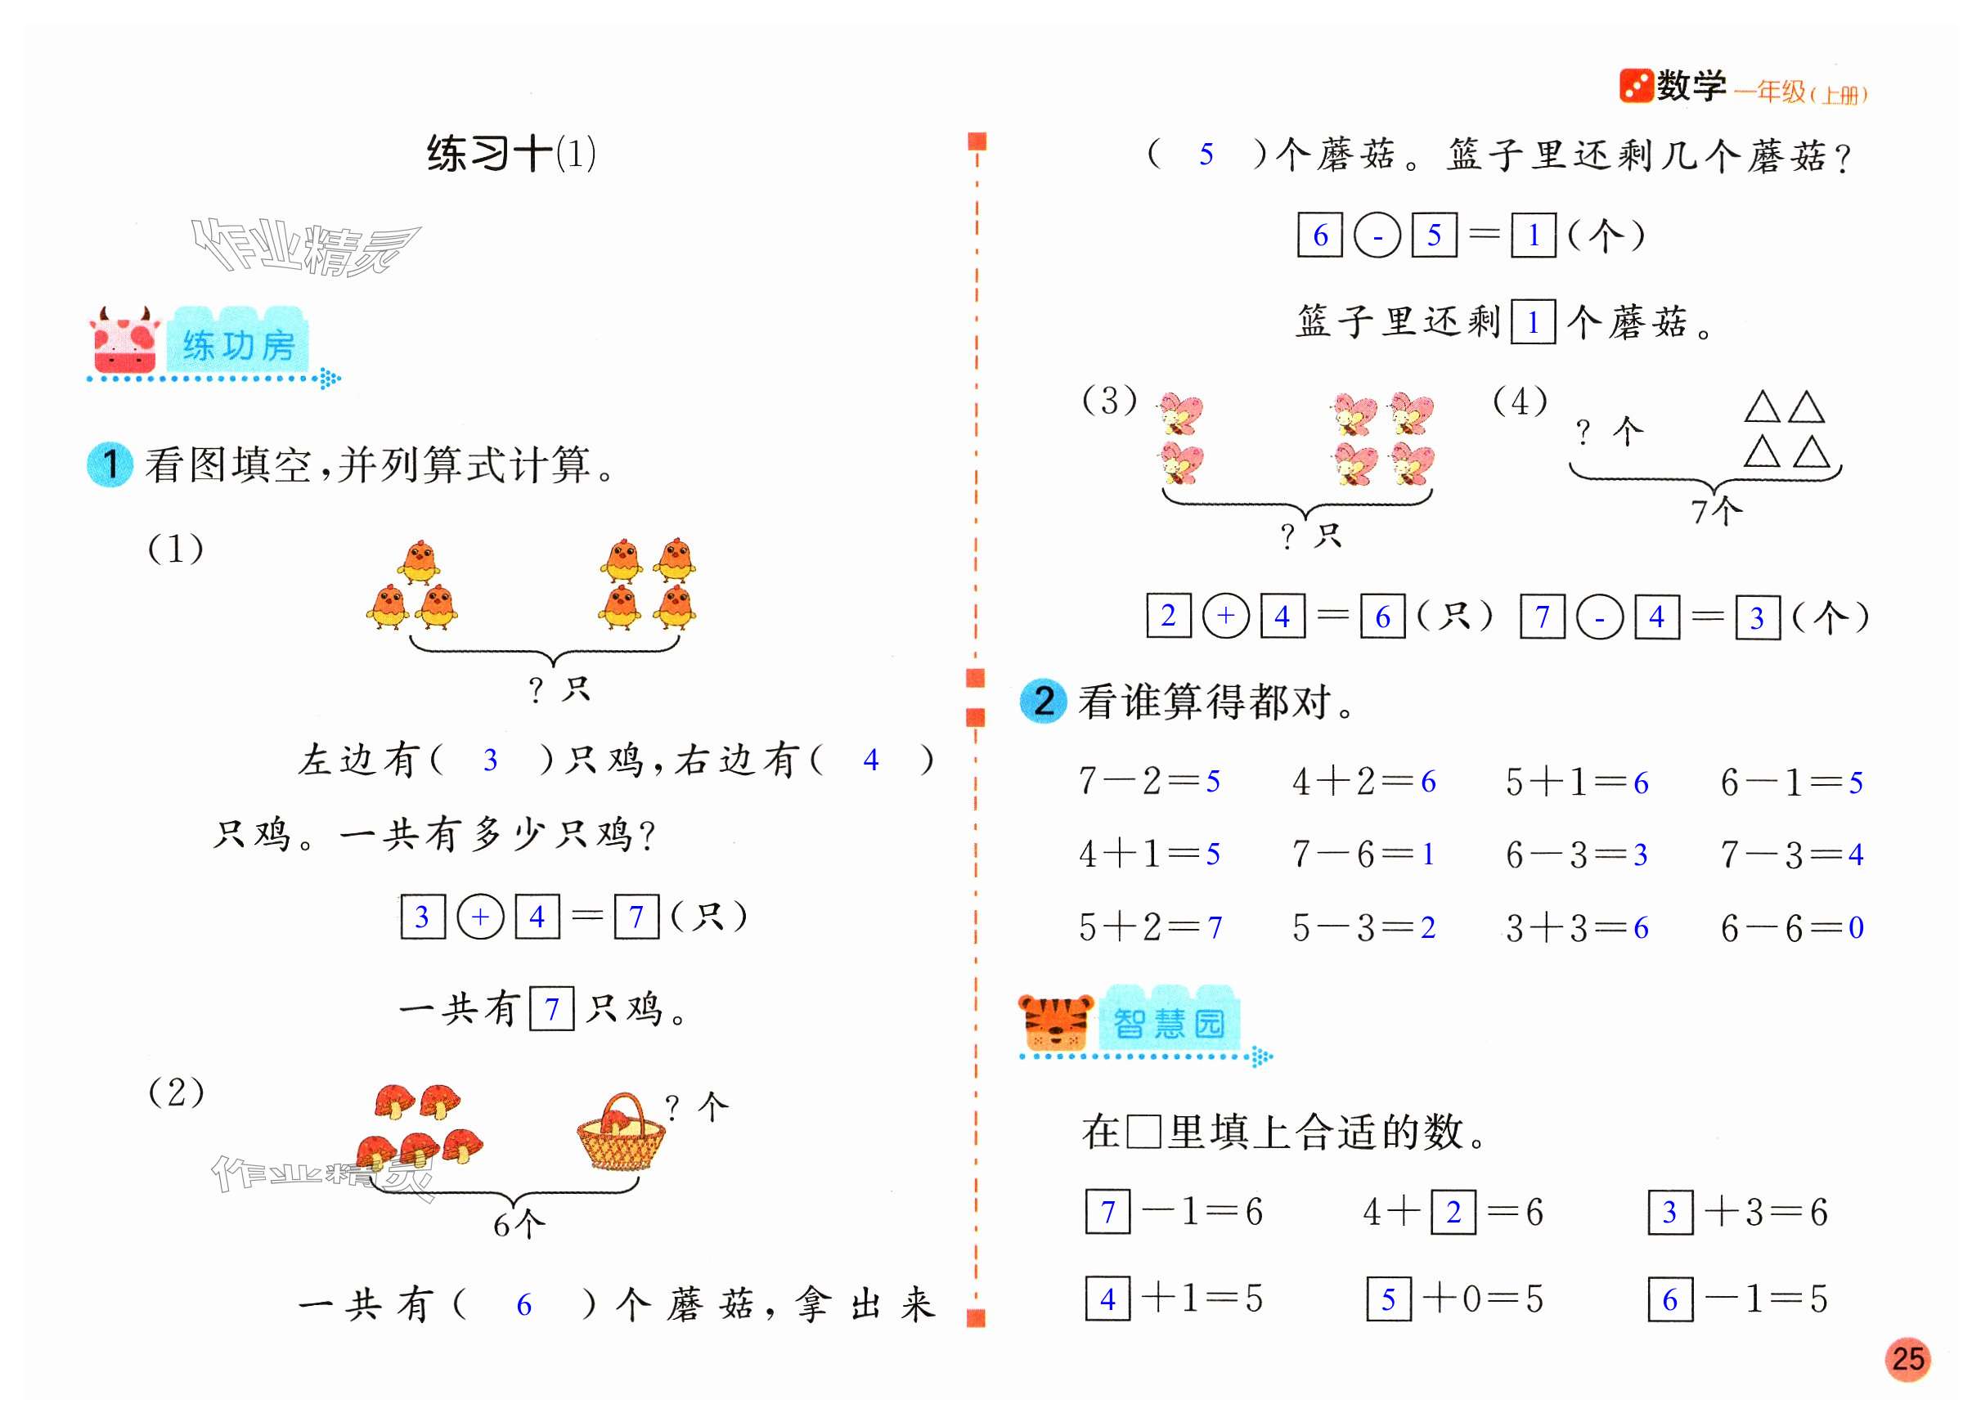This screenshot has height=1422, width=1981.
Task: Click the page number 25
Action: click(x=1907, y=1359)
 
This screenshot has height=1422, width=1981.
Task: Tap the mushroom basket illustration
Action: click(x=621, y=1133)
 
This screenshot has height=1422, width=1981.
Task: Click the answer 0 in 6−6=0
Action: click(x=1856, y=927)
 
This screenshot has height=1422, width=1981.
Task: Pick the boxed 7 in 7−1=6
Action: click(x=1107, y=1213)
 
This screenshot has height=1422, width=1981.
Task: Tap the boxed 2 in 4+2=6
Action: click(x=1453, y=1213)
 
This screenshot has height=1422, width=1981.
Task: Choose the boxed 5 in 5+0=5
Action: click(x=1389, y=1299)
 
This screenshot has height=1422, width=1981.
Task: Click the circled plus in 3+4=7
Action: click(x=480, y=917)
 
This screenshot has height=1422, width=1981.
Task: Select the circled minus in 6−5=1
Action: click(x=1377, y=236)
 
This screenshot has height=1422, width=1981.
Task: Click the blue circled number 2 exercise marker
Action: click(x=1043, y=702)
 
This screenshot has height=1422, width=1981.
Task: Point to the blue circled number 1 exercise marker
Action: click(x=110, y=464)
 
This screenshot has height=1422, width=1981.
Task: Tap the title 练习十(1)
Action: click(x=511, y=155)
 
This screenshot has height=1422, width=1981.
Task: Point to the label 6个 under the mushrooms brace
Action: click(x=519, y=1226)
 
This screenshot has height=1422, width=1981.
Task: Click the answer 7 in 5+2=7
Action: click(x=1215, y=927)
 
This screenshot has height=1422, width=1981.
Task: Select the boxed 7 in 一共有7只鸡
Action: click(x=552, y=1010)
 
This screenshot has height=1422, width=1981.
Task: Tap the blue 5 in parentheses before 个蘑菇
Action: click(x=1206, y=155)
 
